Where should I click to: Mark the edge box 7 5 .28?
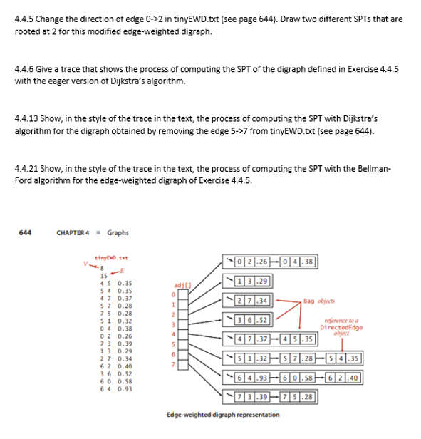point(293,396)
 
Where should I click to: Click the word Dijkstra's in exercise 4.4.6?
point(257,81)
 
